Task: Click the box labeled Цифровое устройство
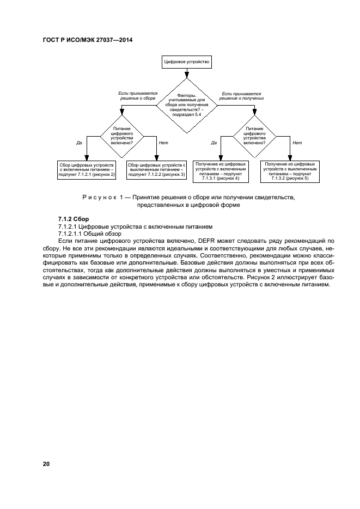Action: pyautogui.click(x=187, y=62)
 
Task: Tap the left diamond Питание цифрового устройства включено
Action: pyautogui.click(x=120, y=134)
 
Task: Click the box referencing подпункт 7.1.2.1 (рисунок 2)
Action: pyautogui.click(x=87, y=169)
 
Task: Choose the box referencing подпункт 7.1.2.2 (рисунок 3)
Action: pyautogui.click(x=156, y=169)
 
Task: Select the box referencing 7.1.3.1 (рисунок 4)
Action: pyautogui.click(x=221, y=170)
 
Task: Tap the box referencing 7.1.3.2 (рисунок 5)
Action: pyautogui.click(x=290, y=170)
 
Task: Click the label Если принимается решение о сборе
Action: pyautogui.click(x=137, y=96)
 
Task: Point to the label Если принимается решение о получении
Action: pyautogui.click(x=241, y=96)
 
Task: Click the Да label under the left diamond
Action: pyautogui.click(x=79, y=143)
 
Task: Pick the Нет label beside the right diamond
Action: pyautogui.click(x=297, y=143)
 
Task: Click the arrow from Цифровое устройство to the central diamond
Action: pyautogui.click(x=187, y=73)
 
